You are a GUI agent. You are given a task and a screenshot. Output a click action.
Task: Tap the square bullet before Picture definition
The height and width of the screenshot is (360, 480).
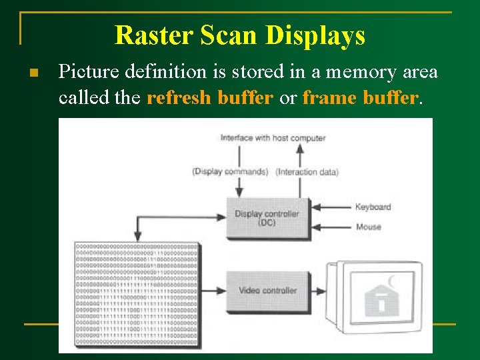tap(33, 72)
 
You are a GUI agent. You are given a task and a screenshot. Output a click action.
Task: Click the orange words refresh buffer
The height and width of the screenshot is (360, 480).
tap(210, 98)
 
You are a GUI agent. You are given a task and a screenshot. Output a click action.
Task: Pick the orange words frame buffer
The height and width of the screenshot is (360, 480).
tap(361, 98)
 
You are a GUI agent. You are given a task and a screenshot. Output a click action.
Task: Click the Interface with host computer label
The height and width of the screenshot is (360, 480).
tap(273, 138)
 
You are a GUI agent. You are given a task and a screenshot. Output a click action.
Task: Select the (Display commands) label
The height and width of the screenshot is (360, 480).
tap(230, 172)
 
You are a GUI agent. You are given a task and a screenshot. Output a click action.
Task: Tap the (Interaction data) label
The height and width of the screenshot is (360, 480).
tap(307, 172)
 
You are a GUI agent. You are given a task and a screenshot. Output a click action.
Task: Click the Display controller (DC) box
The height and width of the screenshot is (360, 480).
tap(267, 218)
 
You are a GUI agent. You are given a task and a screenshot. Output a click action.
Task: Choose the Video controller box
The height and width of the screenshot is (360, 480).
tap(267, 291)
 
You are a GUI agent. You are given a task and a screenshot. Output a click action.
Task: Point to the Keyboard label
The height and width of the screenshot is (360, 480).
tap(373, 207)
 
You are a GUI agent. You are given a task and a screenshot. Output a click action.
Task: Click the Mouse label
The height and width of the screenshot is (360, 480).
tap(368, 227)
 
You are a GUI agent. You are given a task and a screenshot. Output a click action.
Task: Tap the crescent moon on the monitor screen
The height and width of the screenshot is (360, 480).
tap(392, 281)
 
